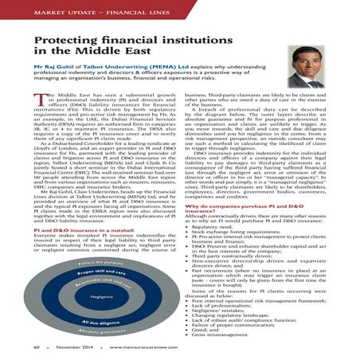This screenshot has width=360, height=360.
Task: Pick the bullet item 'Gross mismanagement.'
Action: coord(231,335)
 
